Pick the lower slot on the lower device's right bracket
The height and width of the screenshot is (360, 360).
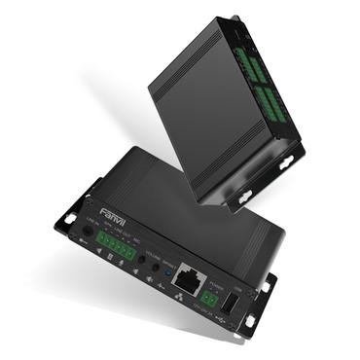(251, 320)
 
